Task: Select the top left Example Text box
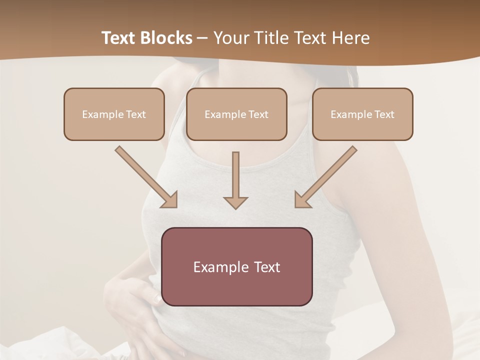[114, 114]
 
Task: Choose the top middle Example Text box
[236, 114]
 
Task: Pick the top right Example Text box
[362, 114]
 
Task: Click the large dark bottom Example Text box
[237, 266]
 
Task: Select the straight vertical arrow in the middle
[235, 175]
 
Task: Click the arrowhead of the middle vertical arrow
[235, 202]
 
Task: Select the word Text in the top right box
[384, 114]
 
